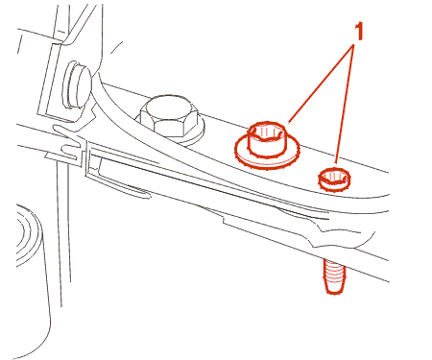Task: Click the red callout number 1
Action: pyautogui.click(x=359, y=32)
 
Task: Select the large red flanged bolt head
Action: pyautogui.click(x=267, y=140)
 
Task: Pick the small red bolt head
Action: pyautogui.click(x=334, y=180)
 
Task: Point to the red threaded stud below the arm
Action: pyautogui.click(x=335, y=276)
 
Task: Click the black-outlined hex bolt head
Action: pyautogui.click(x=169, y=115)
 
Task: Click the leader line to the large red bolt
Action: pyautogui.click(x=321, y=84)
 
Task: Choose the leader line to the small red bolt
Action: pyautogui.click(x=345, y=105)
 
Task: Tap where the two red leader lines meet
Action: pyautogui.click(x=354, y=45)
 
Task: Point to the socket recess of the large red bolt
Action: pyautogui.click(x=267, y=132)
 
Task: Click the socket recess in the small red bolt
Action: pyautogui.click(x=334, y=176)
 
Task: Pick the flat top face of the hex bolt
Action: pyautogui.click(x=169, y=108)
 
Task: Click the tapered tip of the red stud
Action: pyautogui.click(x=335, y=289)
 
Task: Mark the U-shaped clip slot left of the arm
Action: pyautogui.click(x=68, y=150)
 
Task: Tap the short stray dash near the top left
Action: pyautogui.click(x=116, y=47)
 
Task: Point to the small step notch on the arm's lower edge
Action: pyautogui.click(x=224, y=220)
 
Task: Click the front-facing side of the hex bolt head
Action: pyautogui.click(x=169, y=128)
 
